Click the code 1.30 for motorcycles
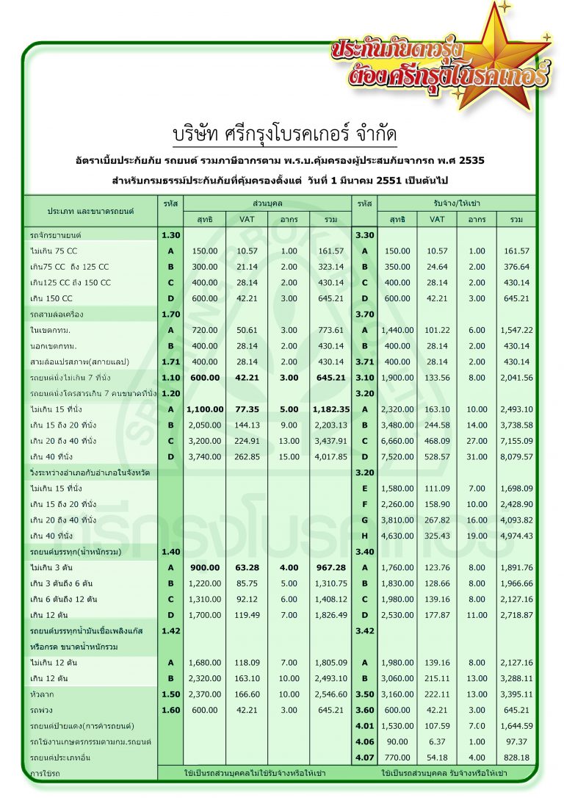click(x=170, y=234)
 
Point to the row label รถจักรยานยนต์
click(x=56, y=234)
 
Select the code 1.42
click(x=170, y=630)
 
